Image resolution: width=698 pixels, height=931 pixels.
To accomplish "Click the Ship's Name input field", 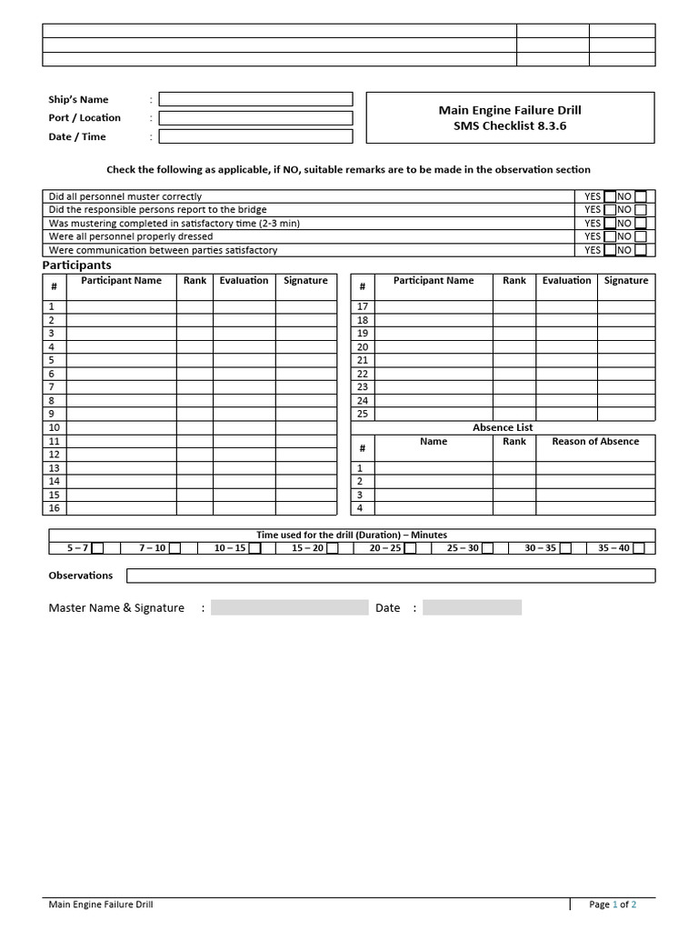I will (255, 99).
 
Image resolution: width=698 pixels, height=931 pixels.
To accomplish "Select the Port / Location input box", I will (255, 118).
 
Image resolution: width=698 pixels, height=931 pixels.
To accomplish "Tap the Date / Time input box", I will (255, 136).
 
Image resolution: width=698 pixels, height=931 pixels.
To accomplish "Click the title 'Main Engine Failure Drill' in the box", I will (510, 110).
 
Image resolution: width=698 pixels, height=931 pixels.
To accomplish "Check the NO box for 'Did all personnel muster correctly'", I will (641, 196).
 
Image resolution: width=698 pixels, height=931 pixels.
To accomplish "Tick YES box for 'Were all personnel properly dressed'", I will (609, 236).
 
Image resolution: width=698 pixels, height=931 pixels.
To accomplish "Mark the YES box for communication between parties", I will (609, 250).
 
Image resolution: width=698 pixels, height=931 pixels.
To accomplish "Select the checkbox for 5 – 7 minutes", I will (98, 548).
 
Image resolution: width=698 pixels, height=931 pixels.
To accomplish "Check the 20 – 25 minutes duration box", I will (409, 548).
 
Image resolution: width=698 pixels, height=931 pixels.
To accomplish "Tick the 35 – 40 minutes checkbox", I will (639, 548).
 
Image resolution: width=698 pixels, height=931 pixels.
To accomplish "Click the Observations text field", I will (390, 576).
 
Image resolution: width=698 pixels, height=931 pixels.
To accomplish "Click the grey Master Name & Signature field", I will (289, 608).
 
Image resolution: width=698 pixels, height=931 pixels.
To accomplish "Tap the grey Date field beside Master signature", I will (472, 608).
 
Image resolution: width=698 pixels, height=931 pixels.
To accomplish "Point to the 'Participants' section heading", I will (77, 265).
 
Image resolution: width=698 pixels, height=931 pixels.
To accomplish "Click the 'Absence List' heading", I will (503, 427).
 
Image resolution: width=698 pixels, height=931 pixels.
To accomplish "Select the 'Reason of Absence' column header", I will (595, 442).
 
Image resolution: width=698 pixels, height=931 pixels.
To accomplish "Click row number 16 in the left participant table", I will (54, 508).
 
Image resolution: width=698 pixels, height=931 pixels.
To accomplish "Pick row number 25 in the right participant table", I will (363, 414).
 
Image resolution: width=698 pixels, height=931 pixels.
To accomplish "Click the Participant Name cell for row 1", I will (121, 307).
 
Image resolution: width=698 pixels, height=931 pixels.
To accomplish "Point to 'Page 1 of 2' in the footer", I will (613, 905).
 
